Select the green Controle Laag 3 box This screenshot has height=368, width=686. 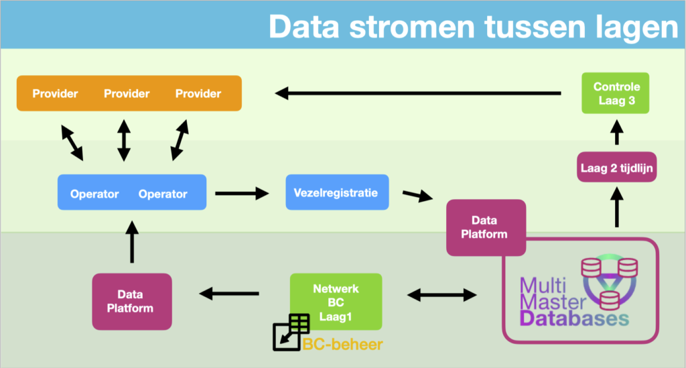616,95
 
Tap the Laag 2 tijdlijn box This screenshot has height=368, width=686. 616,168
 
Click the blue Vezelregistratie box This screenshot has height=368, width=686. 336,193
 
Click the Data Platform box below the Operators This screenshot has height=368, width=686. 131,301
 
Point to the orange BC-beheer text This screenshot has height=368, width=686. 342,345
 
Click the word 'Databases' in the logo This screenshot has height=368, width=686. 574,318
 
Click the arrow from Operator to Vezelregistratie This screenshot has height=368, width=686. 241,194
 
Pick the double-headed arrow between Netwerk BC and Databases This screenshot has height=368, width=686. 443,294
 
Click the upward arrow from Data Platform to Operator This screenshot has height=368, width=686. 131,243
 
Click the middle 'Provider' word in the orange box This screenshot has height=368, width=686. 127,94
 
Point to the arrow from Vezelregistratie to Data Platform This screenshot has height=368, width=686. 415,196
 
